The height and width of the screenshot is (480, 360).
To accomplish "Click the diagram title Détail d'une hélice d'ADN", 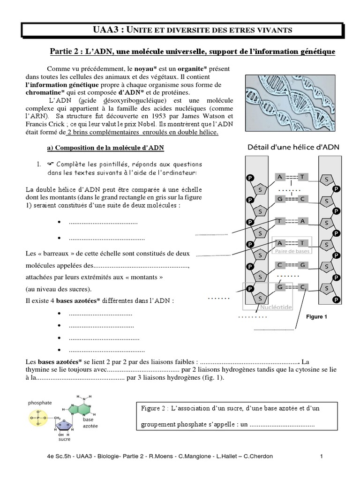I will tap(294, 147).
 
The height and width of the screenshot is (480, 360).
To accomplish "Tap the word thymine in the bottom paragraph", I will tap(40, 370).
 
